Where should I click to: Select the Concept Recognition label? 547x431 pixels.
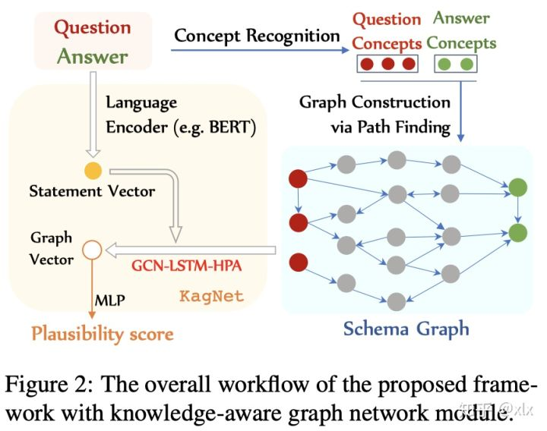pyautogui.click(x=257, y=36)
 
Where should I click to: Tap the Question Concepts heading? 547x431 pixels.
pyautogui.click(x=387, y=30)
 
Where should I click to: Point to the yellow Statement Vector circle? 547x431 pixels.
pyautogui.click(x=93, y=168)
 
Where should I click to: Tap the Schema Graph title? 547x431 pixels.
pyautogui.click(x=406, y=329)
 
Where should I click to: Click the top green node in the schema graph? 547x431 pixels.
pyautogui.click(x=519, y=187)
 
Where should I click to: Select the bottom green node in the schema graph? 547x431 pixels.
pyautogui.click(x=519, y=231)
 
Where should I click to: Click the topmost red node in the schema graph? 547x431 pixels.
pyautogui.click(x=298, y=179)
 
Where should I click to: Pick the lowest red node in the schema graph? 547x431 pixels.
pyautogui.click(x=298, y=263)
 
